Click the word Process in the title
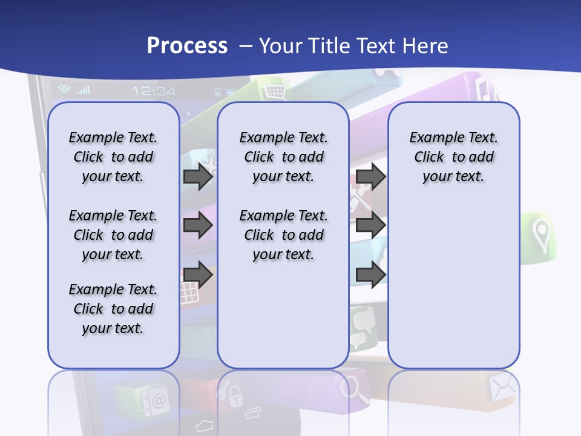click(x=186, y=46)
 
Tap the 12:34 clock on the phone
click(x=154, y=91)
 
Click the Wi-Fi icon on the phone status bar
click(x=64, y=90)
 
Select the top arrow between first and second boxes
click(x=198, y=177)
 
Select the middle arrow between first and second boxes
click(x=198, y=226)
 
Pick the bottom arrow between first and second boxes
click(x=198, y=274)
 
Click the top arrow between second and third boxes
click(x=370, y=177)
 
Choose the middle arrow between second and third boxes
click(x=370, y=226)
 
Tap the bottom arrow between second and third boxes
click(x=370, y=274)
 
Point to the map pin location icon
click(x=540, y=235)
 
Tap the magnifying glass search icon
click(x=354, y=389)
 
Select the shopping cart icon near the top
click(x=274, y=91)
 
